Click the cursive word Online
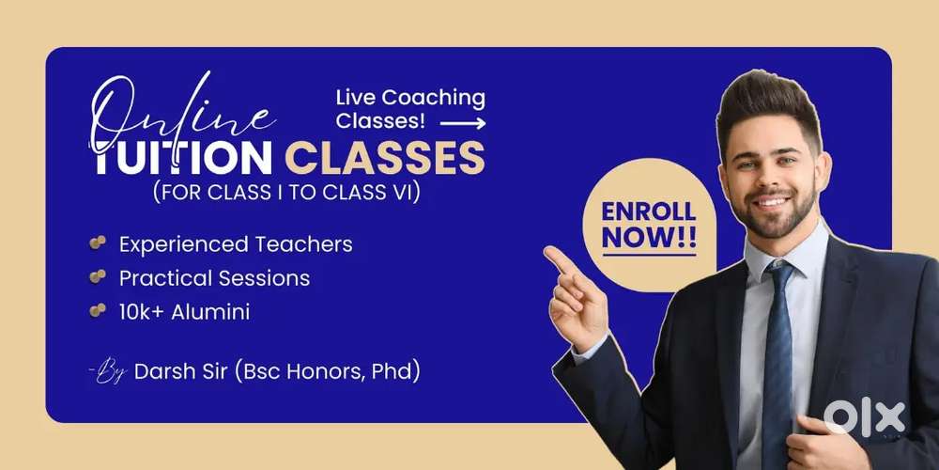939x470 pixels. (179, 114)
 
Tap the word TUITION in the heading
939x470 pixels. (183, 158)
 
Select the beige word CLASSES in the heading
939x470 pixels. (384, 158)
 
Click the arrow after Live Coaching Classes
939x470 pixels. (463, 123)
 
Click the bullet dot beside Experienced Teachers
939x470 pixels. (98, 242)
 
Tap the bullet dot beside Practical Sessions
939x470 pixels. (98, 276)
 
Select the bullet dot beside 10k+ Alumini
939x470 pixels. (98, 310)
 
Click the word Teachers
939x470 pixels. (303, 244)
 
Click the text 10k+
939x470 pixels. (143, 312)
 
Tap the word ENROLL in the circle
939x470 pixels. (649, 211)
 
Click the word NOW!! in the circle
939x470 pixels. (649, 239)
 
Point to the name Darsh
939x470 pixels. (162, 371)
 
